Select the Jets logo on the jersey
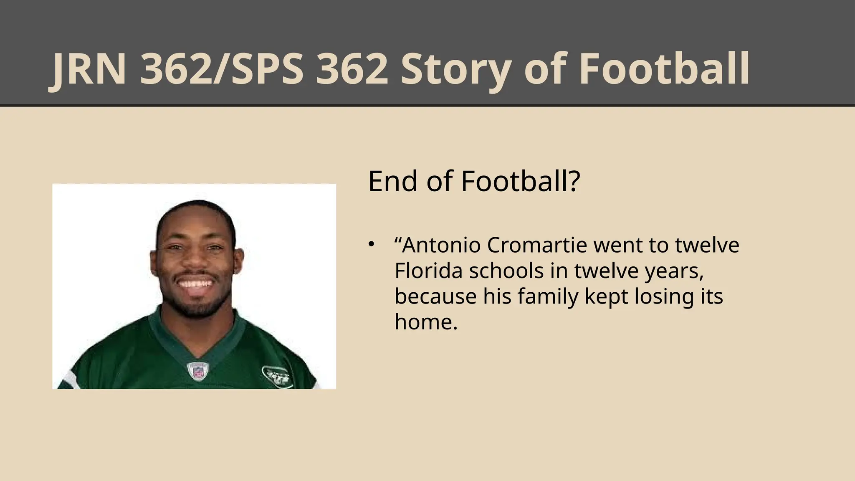pyautogui.click(x=276, y=376)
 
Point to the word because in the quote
pyautogui.click(x=435, y=297)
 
